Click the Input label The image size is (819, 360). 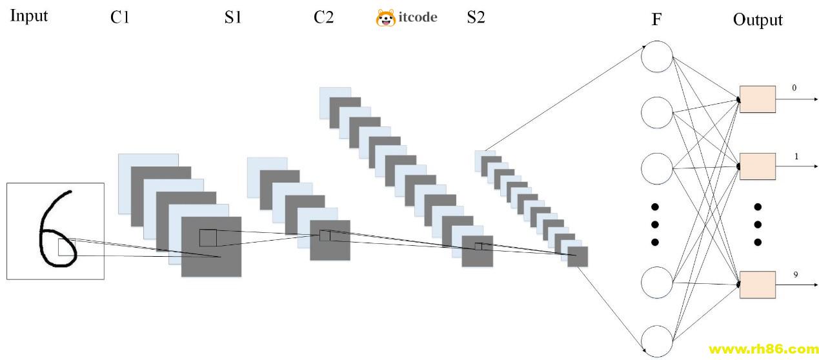(29, 16)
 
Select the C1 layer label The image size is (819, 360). (120, 18)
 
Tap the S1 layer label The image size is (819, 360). (232, 18)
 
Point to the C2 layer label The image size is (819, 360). (324, 18)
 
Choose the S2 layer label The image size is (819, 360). (476, 18)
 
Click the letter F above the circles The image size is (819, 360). (656, 19)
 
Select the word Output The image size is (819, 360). (758, 20)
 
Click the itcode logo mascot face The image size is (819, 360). (385, 18)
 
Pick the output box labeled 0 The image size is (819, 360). (757, 99)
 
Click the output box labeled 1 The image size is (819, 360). (757, 166)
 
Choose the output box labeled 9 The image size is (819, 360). (757, 285)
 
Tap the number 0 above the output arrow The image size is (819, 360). (794, 88)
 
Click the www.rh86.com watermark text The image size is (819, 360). (763, 350)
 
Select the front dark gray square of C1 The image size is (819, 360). (211, 247)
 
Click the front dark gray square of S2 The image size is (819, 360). (578, 257)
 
